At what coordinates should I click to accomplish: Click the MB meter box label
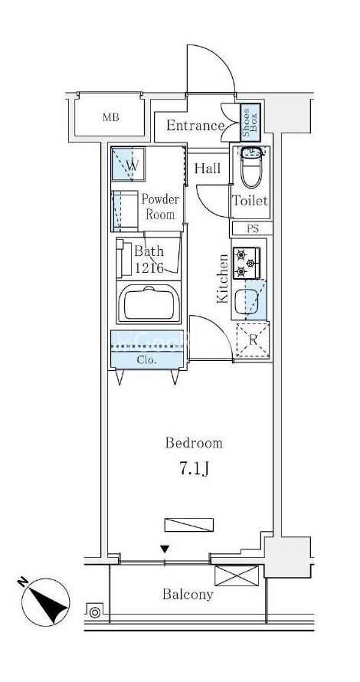(x=111, y=117)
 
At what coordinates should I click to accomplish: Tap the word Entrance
(x=195, y=126)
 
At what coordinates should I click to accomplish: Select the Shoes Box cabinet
(x=250, y=122)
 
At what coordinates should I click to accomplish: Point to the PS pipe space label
(x=253, y=229)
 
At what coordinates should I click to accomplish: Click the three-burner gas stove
(x=247, y=263)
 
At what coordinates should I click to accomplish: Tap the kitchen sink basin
(x=247, y=301)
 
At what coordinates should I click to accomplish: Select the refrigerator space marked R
(x=253, y=340)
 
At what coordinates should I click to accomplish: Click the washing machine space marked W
(x=128, y=165)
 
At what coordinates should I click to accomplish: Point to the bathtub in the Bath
(x=149, y=303)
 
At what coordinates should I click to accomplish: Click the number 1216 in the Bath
(x=149, y=268)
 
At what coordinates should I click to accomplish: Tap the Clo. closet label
(x=146, y=361)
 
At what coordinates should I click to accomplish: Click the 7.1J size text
(x=195, y=469)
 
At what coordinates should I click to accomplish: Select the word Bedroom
(x=194, y=443)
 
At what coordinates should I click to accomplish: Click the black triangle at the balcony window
(x=165, y=549)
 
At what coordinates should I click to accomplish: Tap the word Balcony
(x=188, y=595)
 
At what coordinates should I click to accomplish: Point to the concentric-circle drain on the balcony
(x=94, y=612)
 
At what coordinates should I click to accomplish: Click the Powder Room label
(x=160, y=207)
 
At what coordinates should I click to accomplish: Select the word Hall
(x=208, y=169)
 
